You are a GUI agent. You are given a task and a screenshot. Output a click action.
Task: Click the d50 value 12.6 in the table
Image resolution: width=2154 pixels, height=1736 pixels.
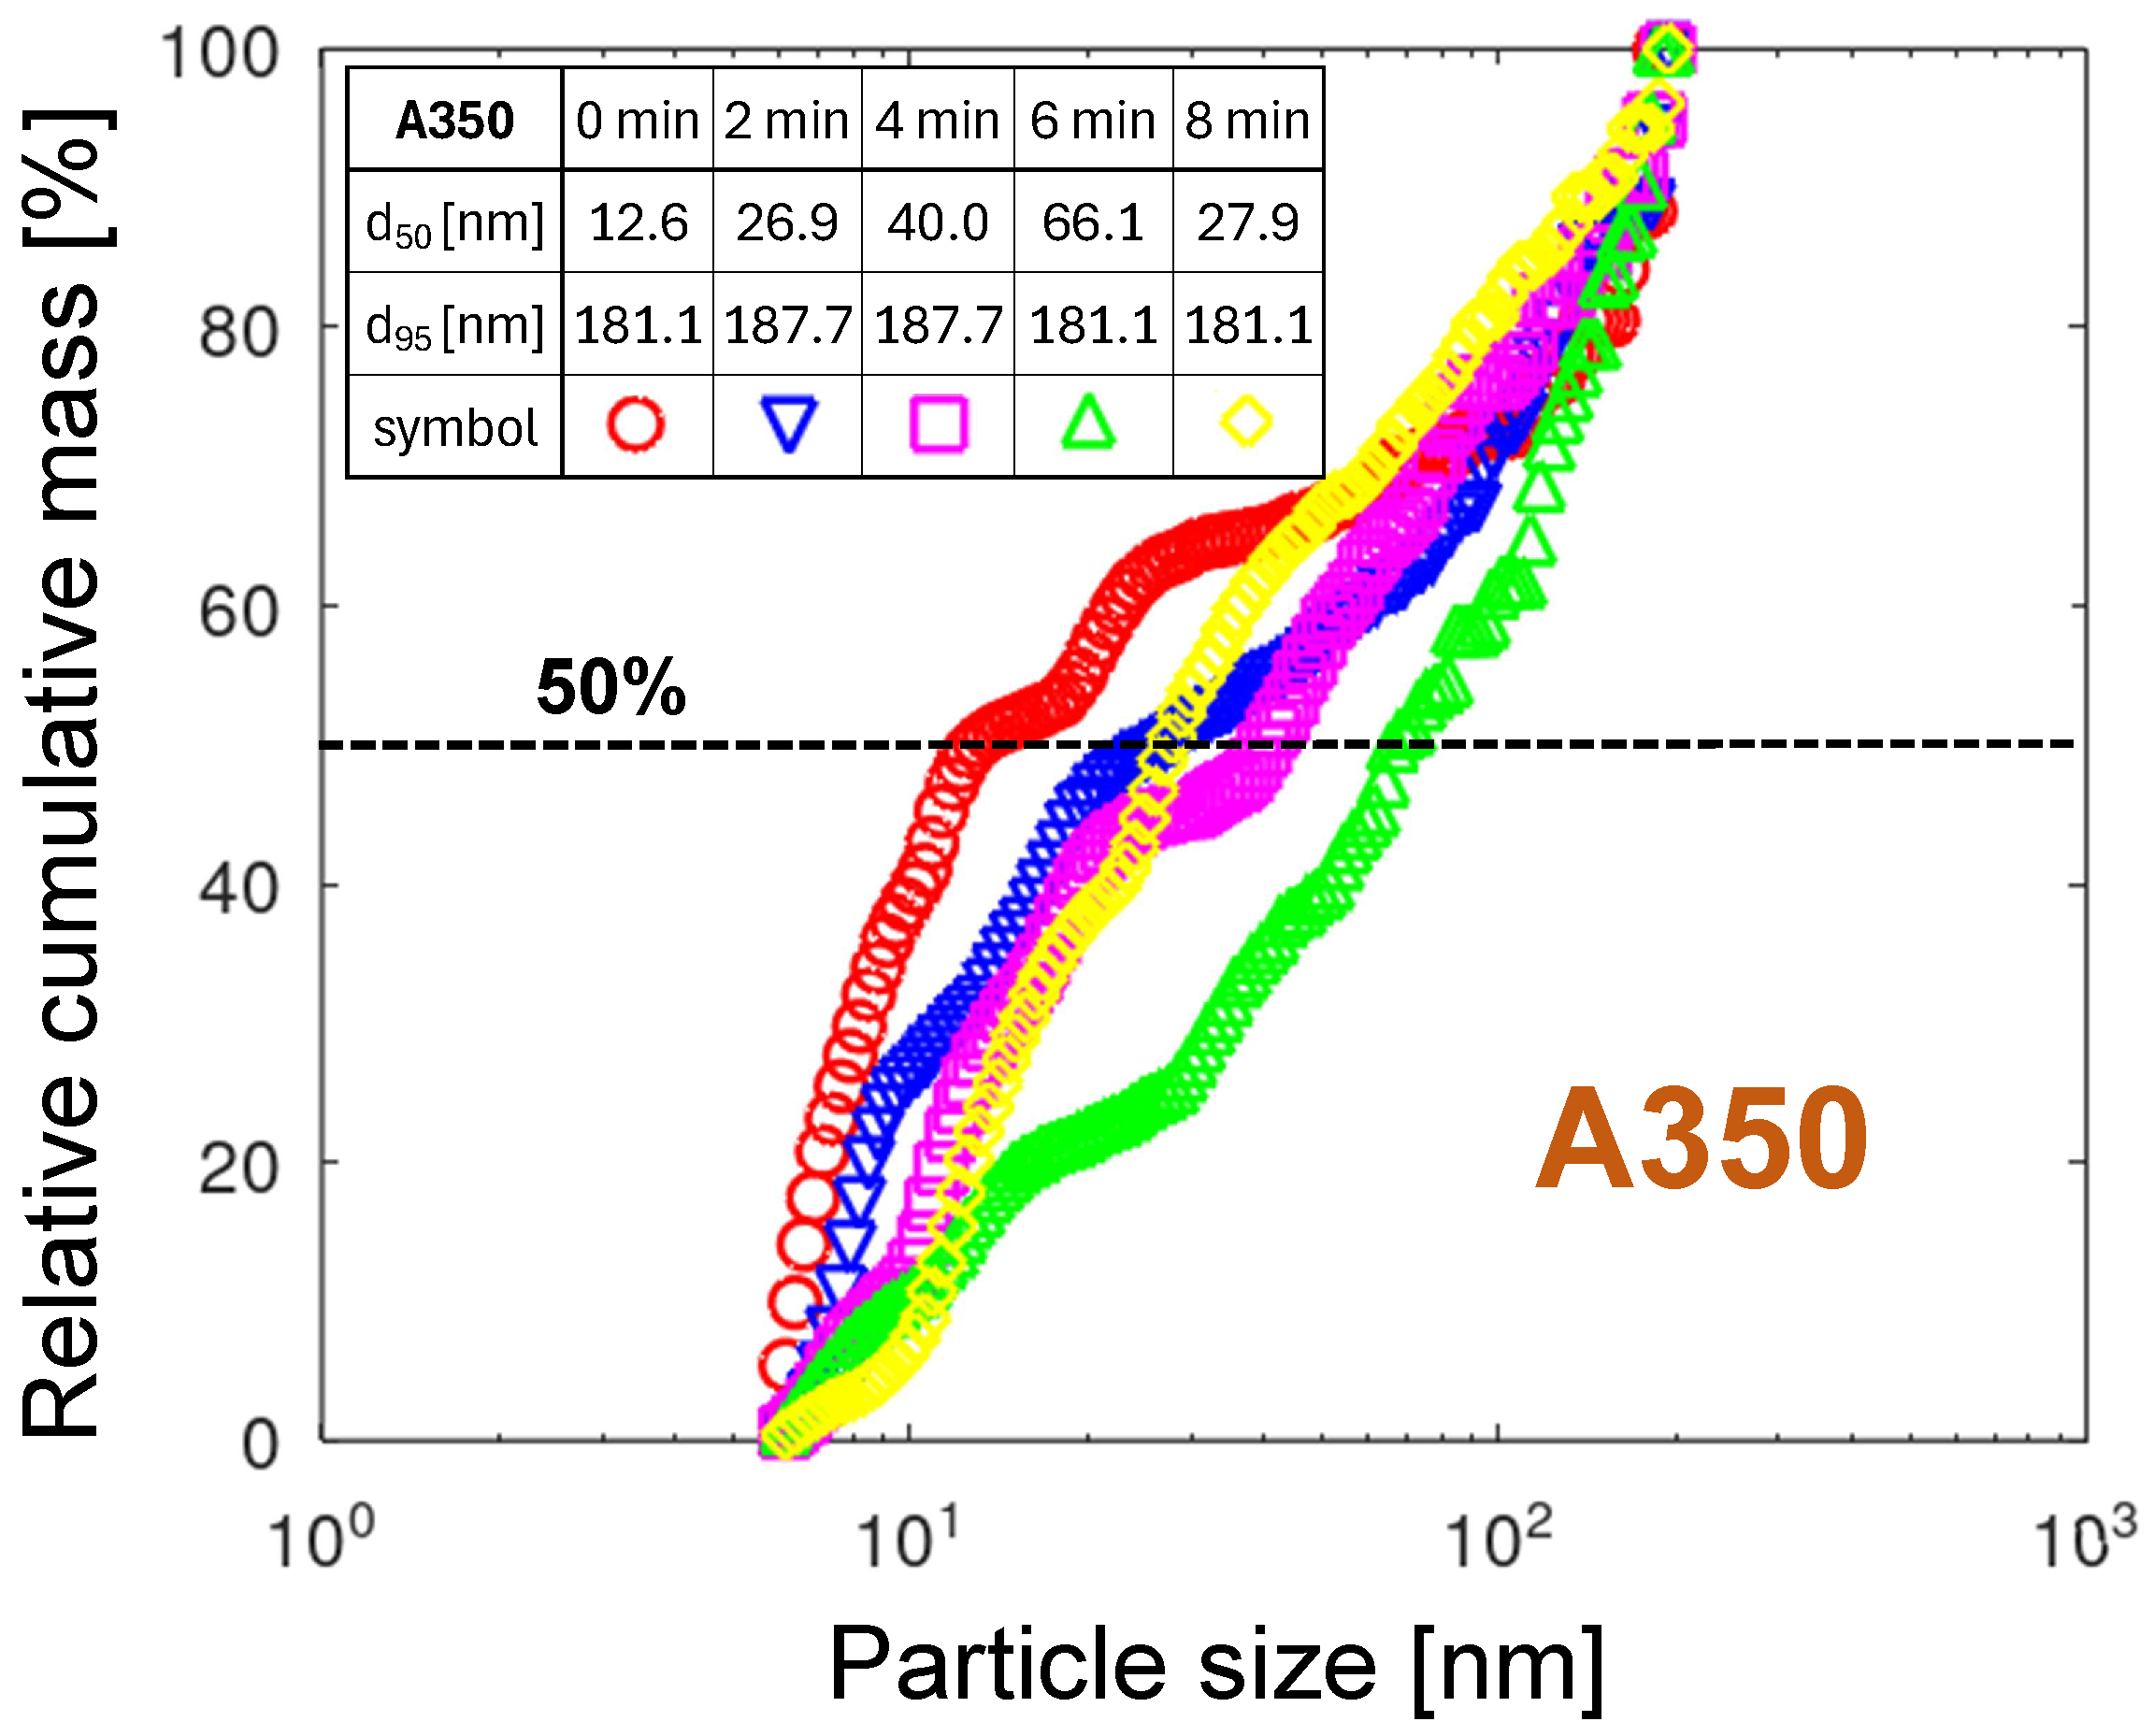point(638,222)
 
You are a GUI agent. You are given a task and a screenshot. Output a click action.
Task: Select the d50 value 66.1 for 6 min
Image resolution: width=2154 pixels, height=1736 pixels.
point(1092,222)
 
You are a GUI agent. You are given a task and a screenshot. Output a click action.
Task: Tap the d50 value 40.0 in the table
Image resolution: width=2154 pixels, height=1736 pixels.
point(937,222)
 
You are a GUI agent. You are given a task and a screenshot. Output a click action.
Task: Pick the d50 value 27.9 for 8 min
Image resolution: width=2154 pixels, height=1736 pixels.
point(1247,222)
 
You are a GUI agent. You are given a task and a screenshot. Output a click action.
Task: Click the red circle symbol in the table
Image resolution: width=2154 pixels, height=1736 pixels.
point(635,424)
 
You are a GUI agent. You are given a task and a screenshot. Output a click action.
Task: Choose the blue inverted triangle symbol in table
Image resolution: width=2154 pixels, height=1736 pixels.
point(789,424)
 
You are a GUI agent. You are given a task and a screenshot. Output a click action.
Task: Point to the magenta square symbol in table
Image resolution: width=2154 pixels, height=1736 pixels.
point(938,424)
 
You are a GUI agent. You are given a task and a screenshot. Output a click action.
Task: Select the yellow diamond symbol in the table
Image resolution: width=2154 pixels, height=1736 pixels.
point(1246,421)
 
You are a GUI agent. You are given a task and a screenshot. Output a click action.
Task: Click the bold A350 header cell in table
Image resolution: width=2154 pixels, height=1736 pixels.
point(454,121)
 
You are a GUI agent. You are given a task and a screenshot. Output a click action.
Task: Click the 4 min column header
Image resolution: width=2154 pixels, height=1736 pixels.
point(937,121)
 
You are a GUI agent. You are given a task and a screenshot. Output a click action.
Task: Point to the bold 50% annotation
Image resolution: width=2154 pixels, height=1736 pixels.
point(611,688)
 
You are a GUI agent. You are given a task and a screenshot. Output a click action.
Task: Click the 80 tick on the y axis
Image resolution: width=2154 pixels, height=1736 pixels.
point(238,333)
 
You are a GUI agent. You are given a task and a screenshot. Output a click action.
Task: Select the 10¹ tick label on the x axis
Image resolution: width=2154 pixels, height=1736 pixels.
point(908,1538)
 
